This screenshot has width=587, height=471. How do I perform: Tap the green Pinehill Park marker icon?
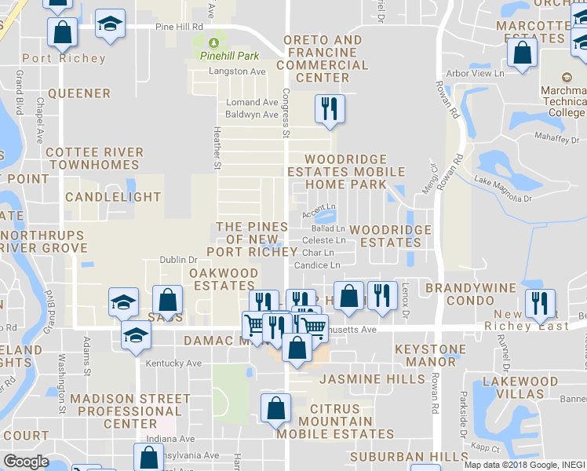[214, 42]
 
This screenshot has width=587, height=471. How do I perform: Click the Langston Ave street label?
[237, 71]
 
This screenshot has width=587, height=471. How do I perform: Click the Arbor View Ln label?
[475, 73]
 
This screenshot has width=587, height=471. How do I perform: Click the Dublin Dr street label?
[178, 260]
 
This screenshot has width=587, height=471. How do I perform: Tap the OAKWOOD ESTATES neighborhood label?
[224, 279]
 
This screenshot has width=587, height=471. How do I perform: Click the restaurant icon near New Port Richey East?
[539, 302]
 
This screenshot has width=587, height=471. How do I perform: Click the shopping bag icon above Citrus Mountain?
[275, 407]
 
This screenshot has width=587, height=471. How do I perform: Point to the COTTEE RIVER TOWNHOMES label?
[94, 159]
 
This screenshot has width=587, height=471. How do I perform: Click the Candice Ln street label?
[317, 265]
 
